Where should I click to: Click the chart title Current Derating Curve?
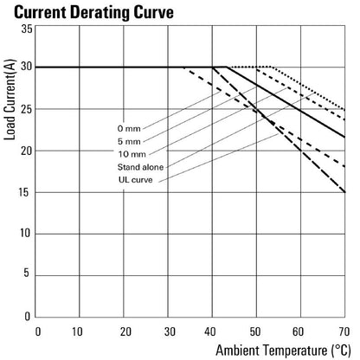click(x=93, y=12)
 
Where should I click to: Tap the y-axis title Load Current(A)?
click(x=10, y=100)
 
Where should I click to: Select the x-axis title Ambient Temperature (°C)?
click(x=283, y=350)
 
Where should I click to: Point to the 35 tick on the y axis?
click(x=27, y=29)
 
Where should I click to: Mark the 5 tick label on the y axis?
click(x=27, y=273)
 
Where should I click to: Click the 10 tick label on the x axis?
click(x=77, y=331)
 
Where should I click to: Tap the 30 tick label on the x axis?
click(x=170, y=331)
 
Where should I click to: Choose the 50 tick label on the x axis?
click(x=255, y=331)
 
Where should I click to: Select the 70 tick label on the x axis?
click(x=344, y=331)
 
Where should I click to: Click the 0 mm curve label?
click(x=129, y=129)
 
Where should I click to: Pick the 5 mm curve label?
click(x=129, y=141)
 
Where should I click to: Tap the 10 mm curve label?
click(x=132, y=154)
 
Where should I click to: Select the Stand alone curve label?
click(x=140, y=167)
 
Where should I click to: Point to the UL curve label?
click(x=135, y=180)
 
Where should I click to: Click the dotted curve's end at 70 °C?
click(x=345, y=110)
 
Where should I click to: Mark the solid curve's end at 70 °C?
click(x=345, y=137)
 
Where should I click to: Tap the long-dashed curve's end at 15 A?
click(x=345, y=192)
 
